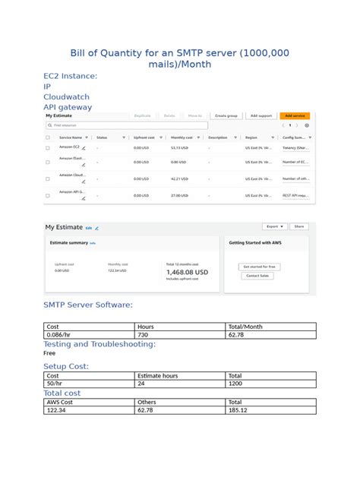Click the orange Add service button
(x=295, y=115)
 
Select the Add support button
(x=261, y=115)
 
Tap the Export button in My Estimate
(x=273, y=226)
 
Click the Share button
(x=299, y=226)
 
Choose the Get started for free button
(x=260, y=267)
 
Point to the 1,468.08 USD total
(x=187, y=271)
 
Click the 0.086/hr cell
(x=90, y=334)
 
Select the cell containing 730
(x=181, y=334)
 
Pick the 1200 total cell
(x=270, y=384)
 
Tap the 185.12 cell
(x=270, y=410)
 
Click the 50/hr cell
(x=90, y=384)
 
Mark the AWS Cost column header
(x=90, y=402)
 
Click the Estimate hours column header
(x=181, y=375)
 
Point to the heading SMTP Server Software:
(x=88, y=305)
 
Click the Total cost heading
(x=62, y=393)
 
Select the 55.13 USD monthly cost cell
(x=179, y=148)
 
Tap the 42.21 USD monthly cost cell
(x=179, y=178)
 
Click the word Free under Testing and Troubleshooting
(x=49, y=353)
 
